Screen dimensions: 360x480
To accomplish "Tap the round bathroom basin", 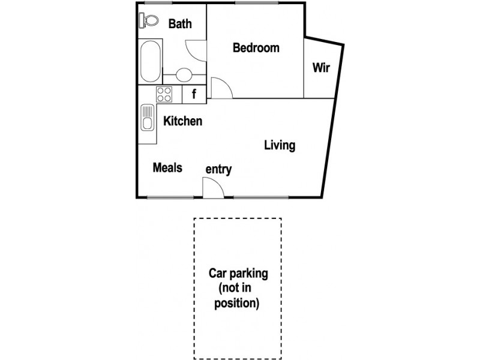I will click(x=184, y=75).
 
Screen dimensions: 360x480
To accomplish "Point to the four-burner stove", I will click(x=164, y=94).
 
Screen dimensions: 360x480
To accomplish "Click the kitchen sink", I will click(x=148, y=117).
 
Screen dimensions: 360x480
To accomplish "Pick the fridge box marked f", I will click(x=194, y=94).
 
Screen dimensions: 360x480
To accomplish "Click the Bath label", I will click(x=180, y=24).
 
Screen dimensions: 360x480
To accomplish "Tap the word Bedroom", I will click(x=256, y=48).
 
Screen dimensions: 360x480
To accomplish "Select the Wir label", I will click(x=321, y=67).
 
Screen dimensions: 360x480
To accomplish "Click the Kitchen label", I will click(x=183, y=121).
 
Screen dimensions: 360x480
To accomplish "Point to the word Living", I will click(x=280, y=145).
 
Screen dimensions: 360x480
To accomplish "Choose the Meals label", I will click(x=167, y=168).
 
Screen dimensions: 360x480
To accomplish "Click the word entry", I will click(x=218, y=170).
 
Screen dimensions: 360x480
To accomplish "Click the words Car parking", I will click(x=238, y=274).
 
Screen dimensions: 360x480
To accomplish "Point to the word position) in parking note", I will click(x=238, y=304).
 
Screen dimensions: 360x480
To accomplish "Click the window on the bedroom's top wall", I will click(x=252, y=3).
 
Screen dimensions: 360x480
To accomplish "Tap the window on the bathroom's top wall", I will click(x=155, y=3).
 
